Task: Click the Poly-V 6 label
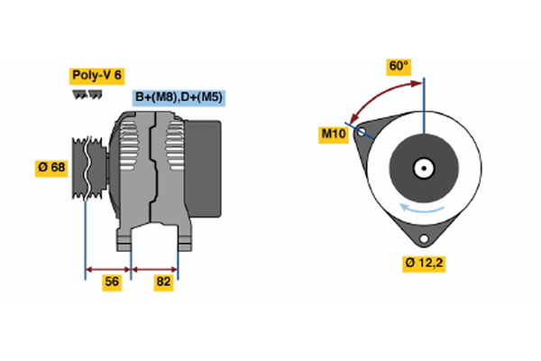coord(96,76)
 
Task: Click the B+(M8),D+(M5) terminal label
coord(179,97)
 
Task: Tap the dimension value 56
coord(112,282)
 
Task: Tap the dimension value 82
coord(164,282)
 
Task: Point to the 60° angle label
coord(399,66)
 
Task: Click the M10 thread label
coord(335,134)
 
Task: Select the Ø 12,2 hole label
coord(424,263)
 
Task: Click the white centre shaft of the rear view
coord(423,167)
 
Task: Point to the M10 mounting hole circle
coord(362,133)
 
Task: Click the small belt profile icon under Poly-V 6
coord(86,94)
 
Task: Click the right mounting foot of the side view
coord(183,239)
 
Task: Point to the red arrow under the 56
coord(108,268)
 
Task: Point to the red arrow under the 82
coord(154,268)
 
